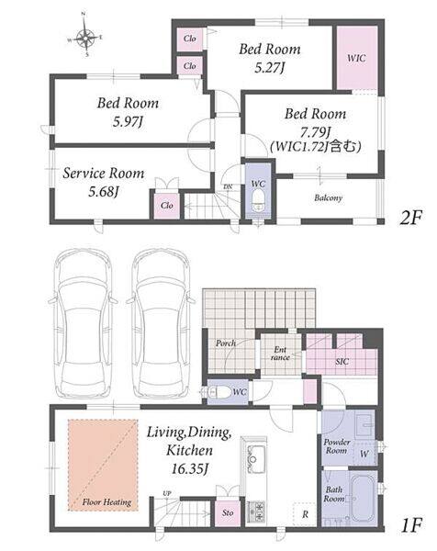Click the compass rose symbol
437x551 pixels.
86,36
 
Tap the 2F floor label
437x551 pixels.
409,219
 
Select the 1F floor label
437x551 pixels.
411,525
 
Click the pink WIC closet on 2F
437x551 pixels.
357,58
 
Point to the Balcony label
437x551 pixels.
328,198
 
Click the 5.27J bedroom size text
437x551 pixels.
269,68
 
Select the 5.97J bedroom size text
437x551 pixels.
128,122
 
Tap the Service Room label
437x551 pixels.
103,174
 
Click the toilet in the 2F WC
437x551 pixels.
258,201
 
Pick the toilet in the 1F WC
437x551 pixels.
218,392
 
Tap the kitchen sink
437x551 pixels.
255,457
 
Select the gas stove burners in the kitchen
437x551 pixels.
256,512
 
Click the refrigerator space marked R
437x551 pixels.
306,514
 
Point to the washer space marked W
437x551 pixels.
364,454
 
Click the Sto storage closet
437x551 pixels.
228,513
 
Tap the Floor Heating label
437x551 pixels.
106,502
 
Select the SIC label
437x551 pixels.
342,362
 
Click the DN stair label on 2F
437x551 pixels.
228,186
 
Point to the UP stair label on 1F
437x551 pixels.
167,493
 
